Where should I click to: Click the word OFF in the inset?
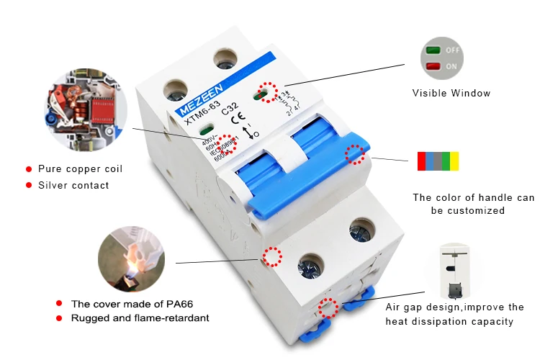[453, 51]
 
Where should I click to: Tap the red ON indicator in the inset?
[434, 66]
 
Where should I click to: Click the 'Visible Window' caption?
[451, 93]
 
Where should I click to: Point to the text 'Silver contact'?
[73, 185]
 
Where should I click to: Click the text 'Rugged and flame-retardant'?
[140, 318]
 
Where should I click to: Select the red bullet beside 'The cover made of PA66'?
[59, 304]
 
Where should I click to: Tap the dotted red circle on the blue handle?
[354, 155]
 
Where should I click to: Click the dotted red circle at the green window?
[267, 91]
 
